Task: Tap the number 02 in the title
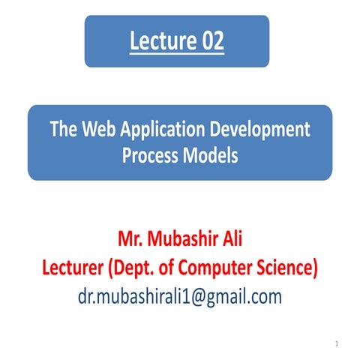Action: [208, 40]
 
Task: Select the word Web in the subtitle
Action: [100, 129]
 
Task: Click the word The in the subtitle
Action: [64, 129]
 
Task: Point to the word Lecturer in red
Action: [72, 268]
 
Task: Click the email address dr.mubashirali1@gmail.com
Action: [179, 295]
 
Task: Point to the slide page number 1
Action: [339, 344]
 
